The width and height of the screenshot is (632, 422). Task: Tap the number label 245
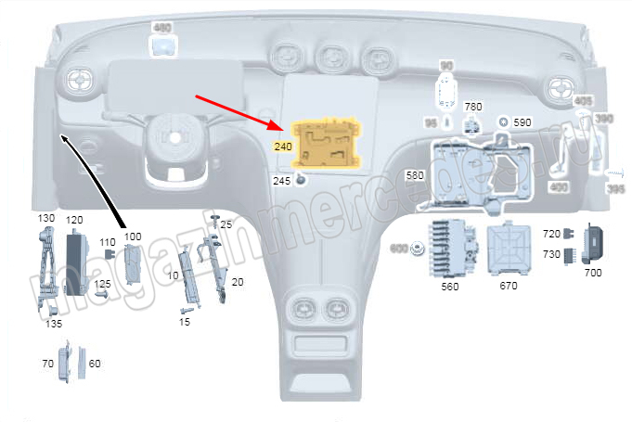(282, 181)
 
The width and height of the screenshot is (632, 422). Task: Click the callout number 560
(449, 287)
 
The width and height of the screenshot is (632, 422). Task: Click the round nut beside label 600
(418, 249)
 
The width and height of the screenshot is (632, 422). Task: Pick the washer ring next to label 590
(502, 121)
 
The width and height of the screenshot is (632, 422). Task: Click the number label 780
(472, 107)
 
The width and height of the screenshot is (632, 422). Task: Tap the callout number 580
(414, 174)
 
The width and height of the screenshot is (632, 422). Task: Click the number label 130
(46, 217)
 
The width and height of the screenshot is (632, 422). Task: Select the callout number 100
(133, 237)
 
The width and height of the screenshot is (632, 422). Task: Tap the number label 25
(226, 224)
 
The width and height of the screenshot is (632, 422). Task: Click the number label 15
(185, 321)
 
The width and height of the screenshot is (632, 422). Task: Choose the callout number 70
(47, 364)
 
